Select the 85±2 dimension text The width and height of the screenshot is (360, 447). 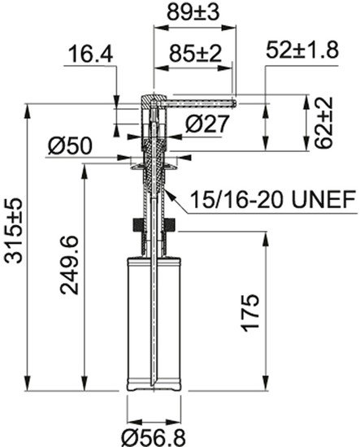coord(193,55)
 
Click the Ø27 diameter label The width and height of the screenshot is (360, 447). coord(200,124)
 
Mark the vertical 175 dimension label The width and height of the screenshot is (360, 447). coord(251,311)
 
